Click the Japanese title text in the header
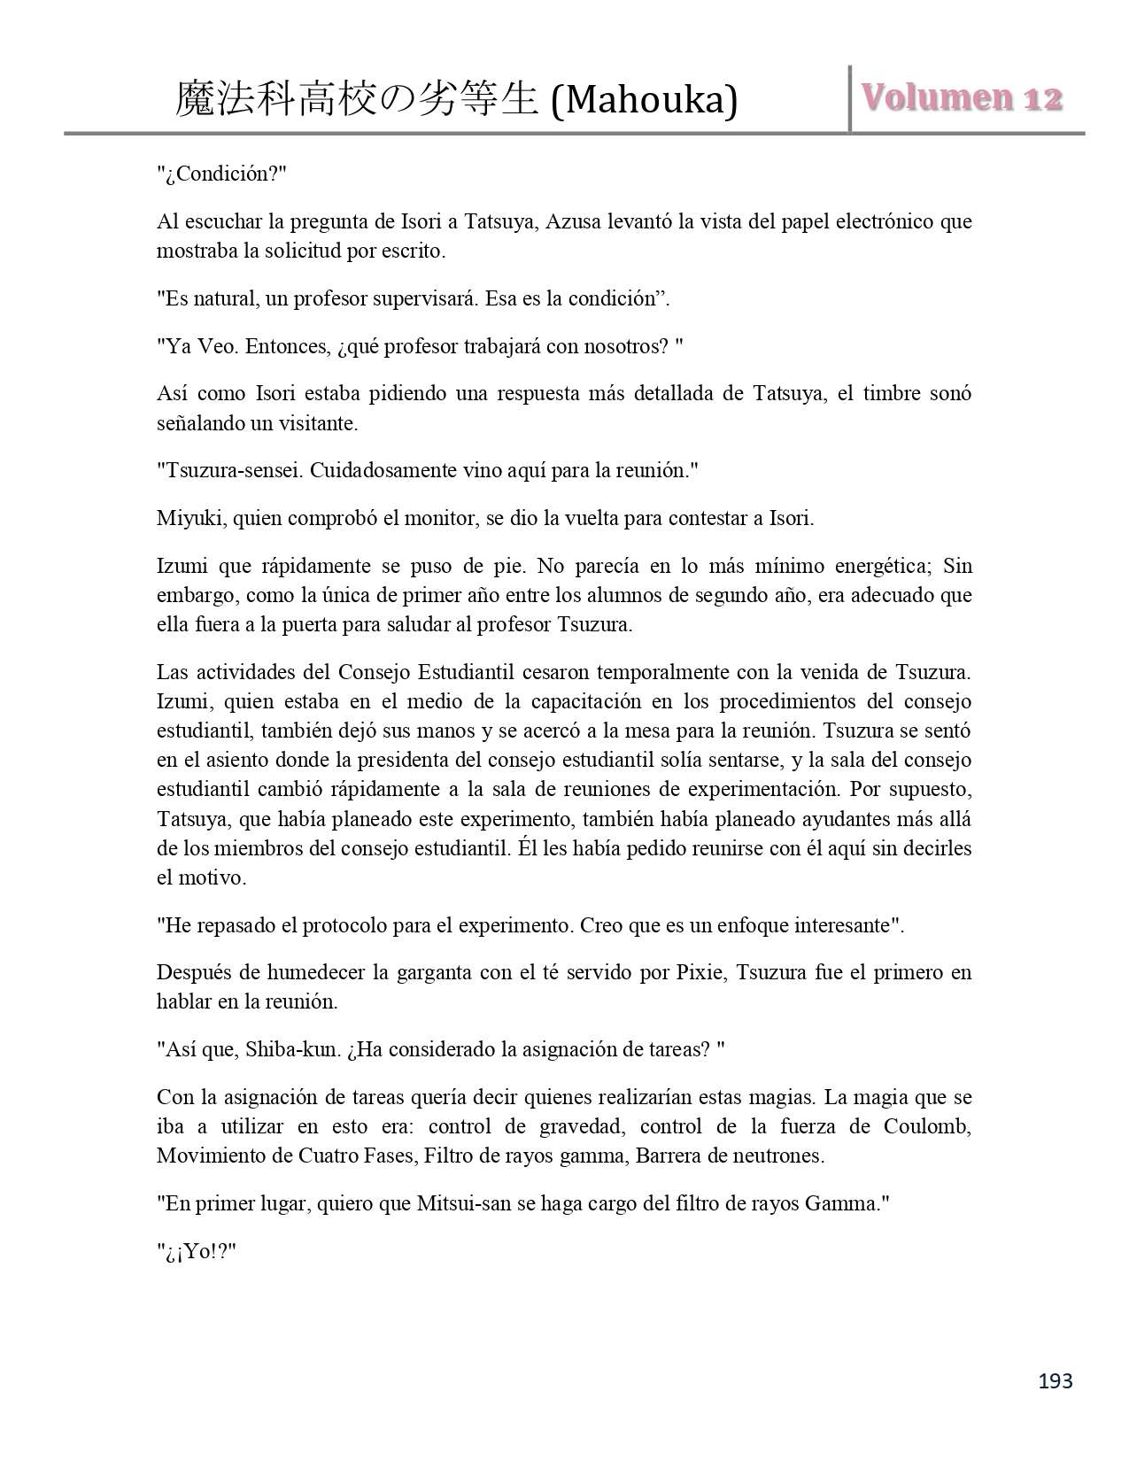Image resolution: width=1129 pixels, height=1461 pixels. coord(357,99)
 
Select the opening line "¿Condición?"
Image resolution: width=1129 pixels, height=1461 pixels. coord(222,174)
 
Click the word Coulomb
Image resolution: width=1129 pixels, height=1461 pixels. coord(927,1126)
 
